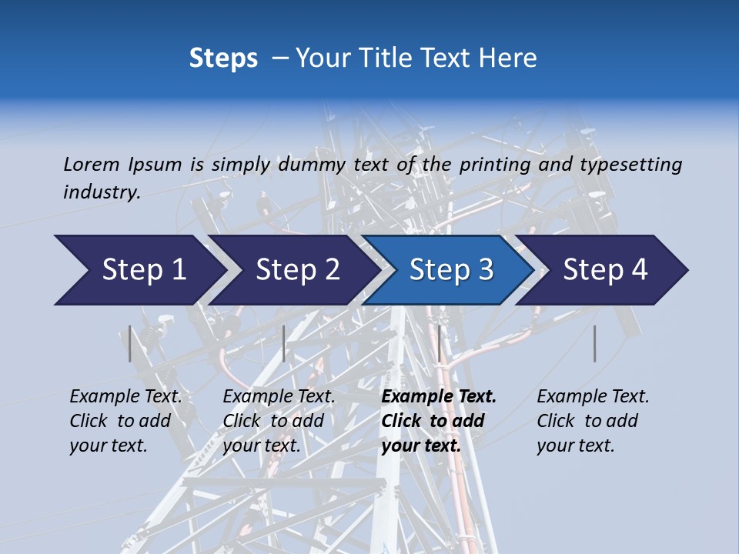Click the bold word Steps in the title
pyautogui.click(x=223, y=58)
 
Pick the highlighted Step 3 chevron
pyautogui.click(x=451, y=270)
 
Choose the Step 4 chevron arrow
pyautogui.click(x=605, y=270)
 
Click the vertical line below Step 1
pyautogui.click(x=130, y=343)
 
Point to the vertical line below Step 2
pyautogui.click(x=284, y=343)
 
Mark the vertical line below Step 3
pyautogui.click(x=439, y=343)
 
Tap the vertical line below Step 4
pyautogui.click(x=595, y=343)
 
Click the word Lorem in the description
pyautogui.click(x=92, y=164)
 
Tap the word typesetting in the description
pyautogui.click(x=630, y=164)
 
